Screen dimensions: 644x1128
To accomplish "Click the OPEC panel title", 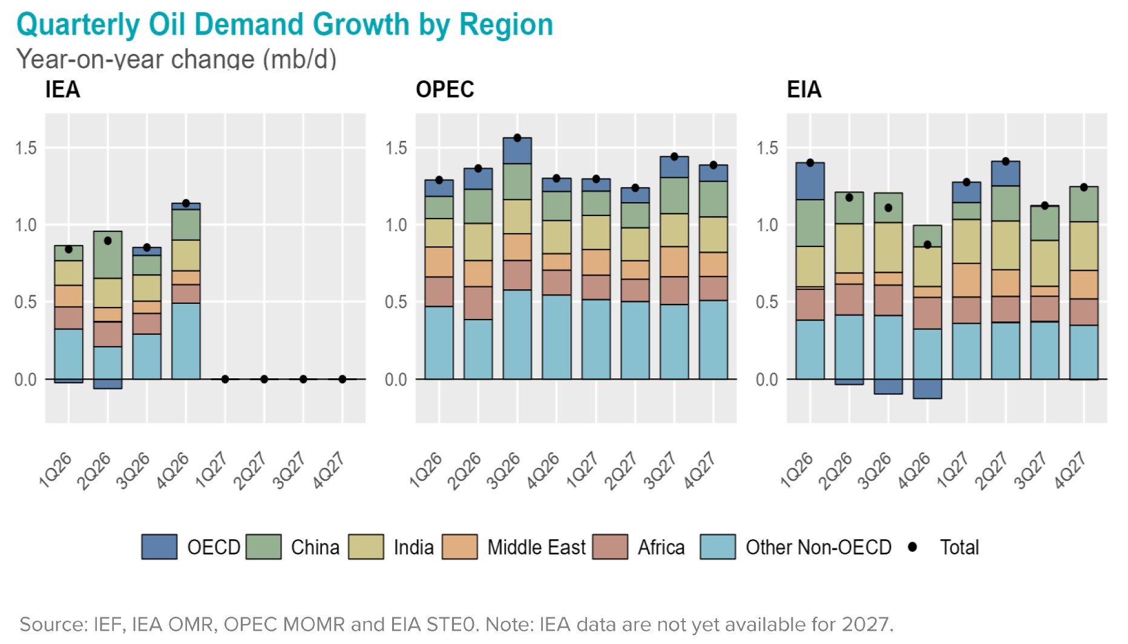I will (444, 90).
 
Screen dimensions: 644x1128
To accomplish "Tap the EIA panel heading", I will (804, 90).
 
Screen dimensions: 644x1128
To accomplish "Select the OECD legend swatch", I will (159, 547).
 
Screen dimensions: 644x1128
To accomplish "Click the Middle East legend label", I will (536, 547).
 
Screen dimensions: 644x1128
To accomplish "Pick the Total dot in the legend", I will (913, 547).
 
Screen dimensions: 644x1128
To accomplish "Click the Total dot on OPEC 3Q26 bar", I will (517, 138).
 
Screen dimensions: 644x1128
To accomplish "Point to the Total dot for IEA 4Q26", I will (186, 203).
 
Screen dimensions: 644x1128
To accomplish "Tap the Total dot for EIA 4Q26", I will (927, 245).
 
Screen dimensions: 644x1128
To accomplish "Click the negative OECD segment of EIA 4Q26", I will (927, 389).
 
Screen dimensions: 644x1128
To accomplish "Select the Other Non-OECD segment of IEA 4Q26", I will (186, 341).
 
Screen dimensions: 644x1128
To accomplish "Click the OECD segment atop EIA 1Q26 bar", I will (810, 181).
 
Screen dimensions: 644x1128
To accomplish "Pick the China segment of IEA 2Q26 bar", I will (108, 255).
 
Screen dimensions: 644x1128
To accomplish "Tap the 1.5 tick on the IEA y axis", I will (26, 148).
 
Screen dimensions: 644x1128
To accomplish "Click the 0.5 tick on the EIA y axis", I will (767, 302).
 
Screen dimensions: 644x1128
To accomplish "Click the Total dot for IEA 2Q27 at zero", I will (264, 379).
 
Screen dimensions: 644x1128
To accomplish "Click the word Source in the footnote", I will (53, 624).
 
